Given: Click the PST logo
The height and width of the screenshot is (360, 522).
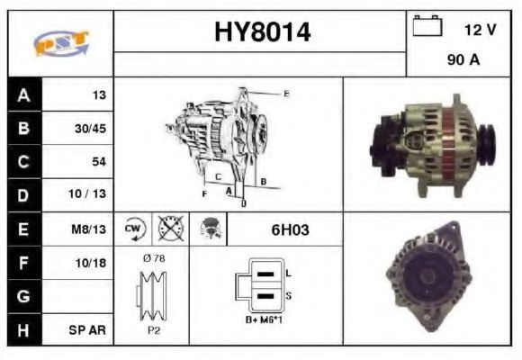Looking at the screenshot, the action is click(x=61, y=43).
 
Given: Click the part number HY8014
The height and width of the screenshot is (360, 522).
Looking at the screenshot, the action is click(x=262, y=32).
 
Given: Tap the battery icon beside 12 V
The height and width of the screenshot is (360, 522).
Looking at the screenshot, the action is click(x=427, y=25).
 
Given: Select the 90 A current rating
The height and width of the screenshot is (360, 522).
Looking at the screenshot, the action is click(x=463, y=59).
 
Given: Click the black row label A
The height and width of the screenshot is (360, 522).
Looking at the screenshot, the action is click(x=24, y=95).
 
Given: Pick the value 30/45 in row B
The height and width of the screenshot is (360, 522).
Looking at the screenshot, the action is click(x=90, y=128).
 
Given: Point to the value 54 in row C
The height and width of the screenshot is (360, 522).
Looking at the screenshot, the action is click(x=99, y=161).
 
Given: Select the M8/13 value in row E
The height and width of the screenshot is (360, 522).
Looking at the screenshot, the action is click(x=88, y=229).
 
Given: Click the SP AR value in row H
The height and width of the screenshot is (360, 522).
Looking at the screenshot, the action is click(x=87, y=330).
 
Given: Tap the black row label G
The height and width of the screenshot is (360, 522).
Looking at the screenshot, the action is click(x=24, y=296).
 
